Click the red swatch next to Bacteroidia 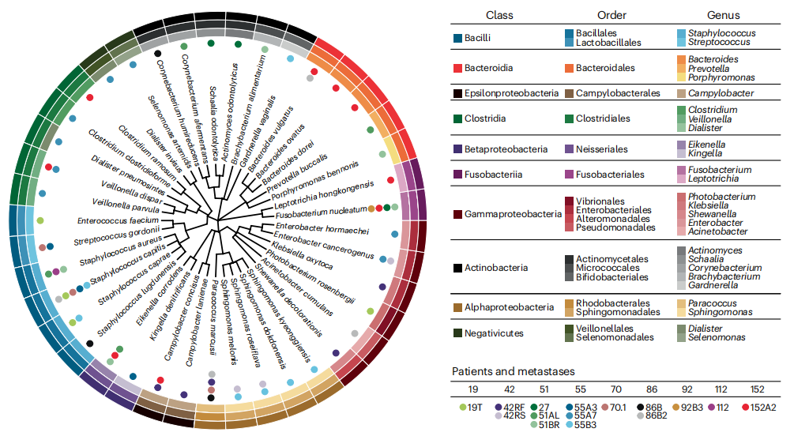[457, 69]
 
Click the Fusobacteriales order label [610, 175]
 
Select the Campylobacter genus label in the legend [721, 93]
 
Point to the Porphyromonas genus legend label [721, 78]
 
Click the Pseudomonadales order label [615, 227]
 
